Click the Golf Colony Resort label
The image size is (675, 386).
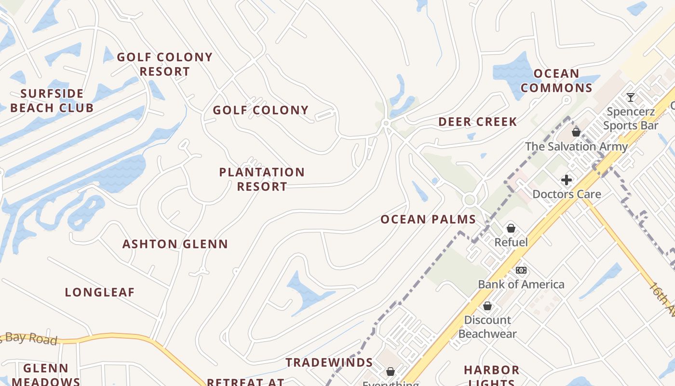(164, 64)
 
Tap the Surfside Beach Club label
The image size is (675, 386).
(52, 100)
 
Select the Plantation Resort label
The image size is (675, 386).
(262, 179)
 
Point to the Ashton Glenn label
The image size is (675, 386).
(175, 244)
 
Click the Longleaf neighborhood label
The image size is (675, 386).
(100, 292)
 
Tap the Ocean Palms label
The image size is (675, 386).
(428, 220)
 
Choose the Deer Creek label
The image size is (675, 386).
(477, 122)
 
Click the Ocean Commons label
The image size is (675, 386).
(556, 81)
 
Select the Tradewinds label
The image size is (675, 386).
(329, 362)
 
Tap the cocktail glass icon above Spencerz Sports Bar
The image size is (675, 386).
(630, 97)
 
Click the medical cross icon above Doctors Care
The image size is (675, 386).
(567, 180)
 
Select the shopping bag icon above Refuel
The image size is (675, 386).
(511, 228)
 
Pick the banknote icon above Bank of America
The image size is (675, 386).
(521, 270)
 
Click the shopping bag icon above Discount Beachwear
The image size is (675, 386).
(487, 306)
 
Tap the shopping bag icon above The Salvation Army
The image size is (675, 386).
(576, 132)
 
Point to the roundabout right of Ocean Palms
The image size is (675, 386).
(470, 199)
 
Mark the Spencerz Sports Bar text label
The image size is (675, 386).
(631, 119)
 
